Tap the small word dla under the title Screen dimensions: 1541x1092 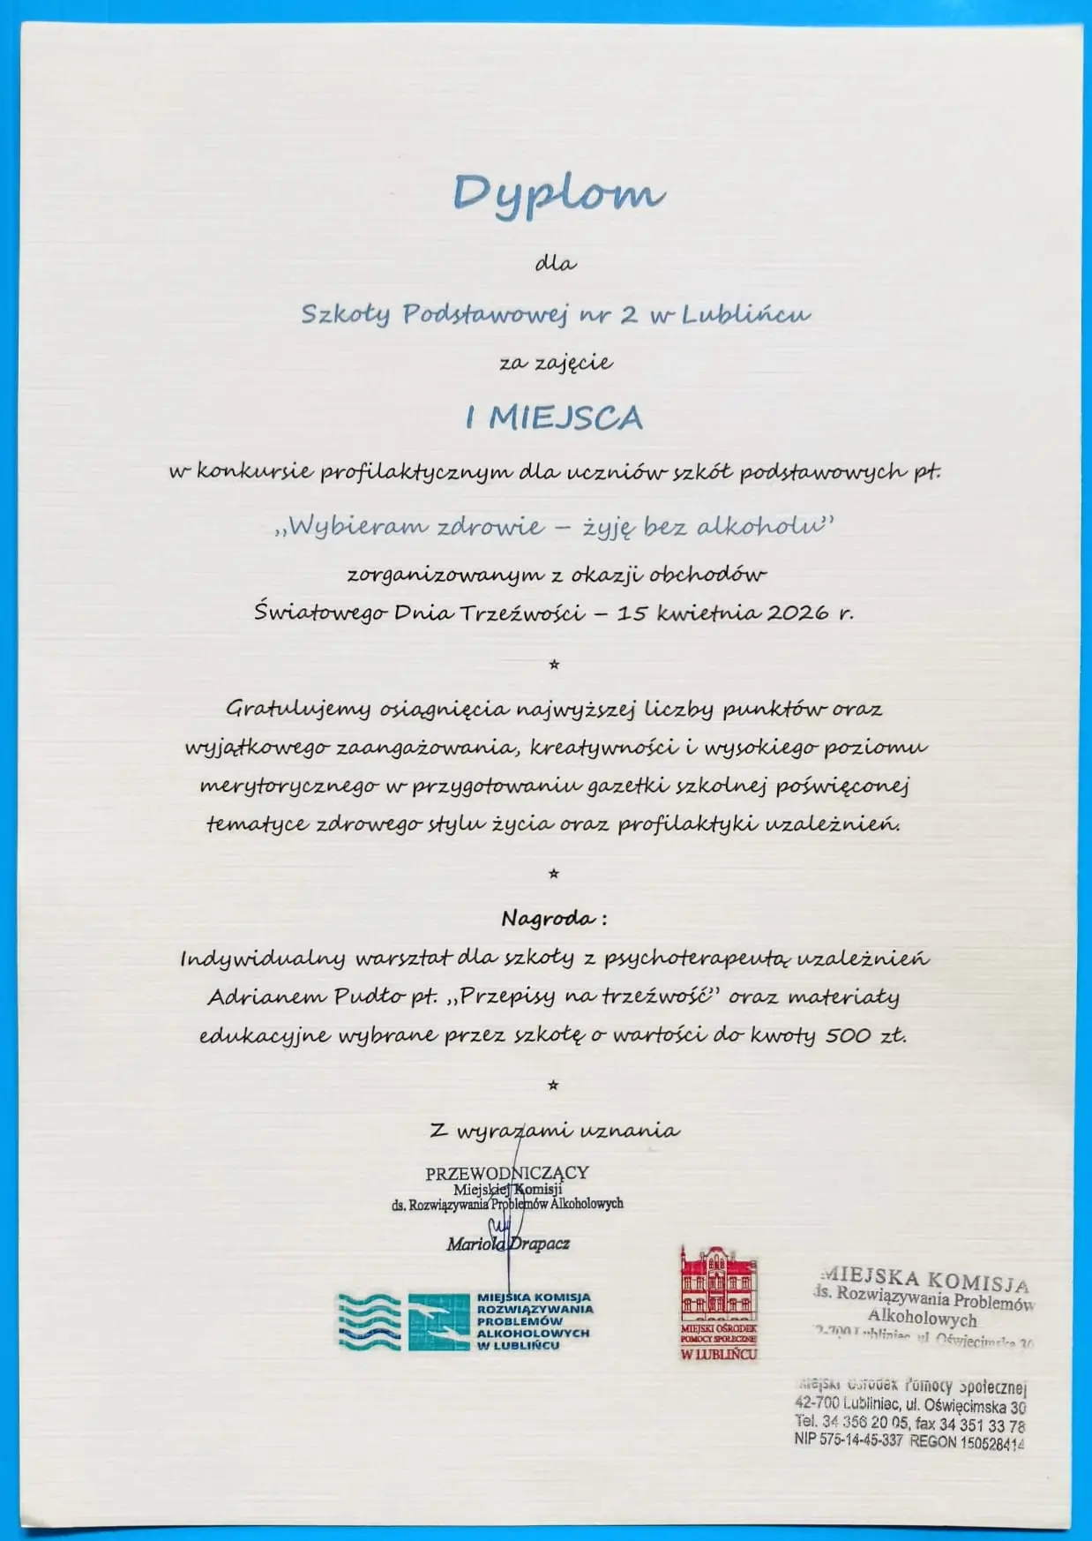[x=556, y=263]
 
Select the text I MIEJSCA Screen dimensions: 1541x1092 [x=555, y=417]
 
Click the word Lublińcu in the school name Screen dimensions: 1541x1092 [x=745, y=314]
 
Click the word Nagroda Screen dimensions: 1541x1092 [x=548, y=919]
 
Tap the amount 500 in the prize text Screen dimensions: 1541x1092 [x=848, y=1035]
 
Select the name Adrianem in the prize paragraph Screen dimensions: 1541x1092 [x=265, y=997]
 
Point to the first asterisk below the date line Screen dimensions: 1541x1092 [x=554, y=665]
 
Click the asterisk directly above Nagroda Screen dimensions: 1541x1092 [x=554, y=875]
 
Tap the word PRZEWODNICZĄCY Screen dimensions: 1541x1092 [x=506, y=1173]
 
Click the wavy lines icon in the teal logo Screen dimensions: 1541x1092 [x=369, y=1321]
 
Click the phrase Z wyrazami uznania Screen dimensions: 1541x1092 [x=554, y=1131]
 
